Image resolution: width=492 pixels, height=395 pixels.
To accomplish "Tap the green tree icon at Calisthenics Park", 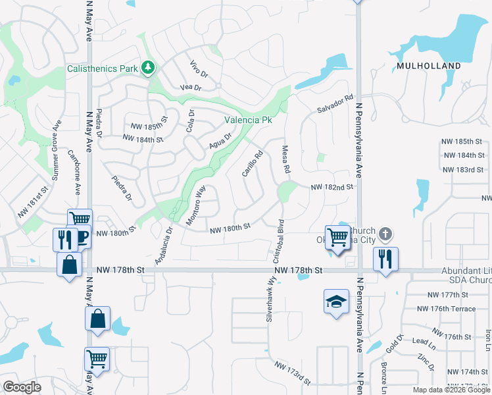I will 149,67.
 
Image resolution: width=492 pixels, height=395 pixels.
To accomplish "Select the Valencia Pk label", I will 248,120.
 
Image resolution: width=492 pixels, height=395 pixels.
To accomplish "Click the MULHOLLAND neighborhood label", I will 428,66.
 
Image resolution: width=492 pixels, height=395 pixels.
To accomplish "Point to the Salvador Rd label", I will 335,103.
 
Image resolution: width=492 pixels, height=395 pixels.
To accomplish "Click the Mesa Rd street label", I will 286,160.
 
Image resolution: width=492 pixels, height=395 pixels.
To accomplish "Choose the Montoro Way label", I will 196,205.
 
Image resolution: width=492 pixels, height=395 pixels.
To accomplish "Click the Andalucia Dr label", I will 162,246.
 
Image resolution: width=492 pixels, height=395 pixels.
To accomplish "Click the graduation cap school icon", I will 336,302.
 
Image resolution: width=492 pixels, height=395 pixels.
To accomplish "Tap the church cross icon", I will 385,234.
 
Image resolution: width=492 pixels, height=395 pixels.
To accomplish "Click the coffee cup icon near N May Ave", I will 84,236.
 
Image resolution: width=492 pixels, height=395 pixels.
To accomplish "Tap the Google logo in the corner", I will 22,387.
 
